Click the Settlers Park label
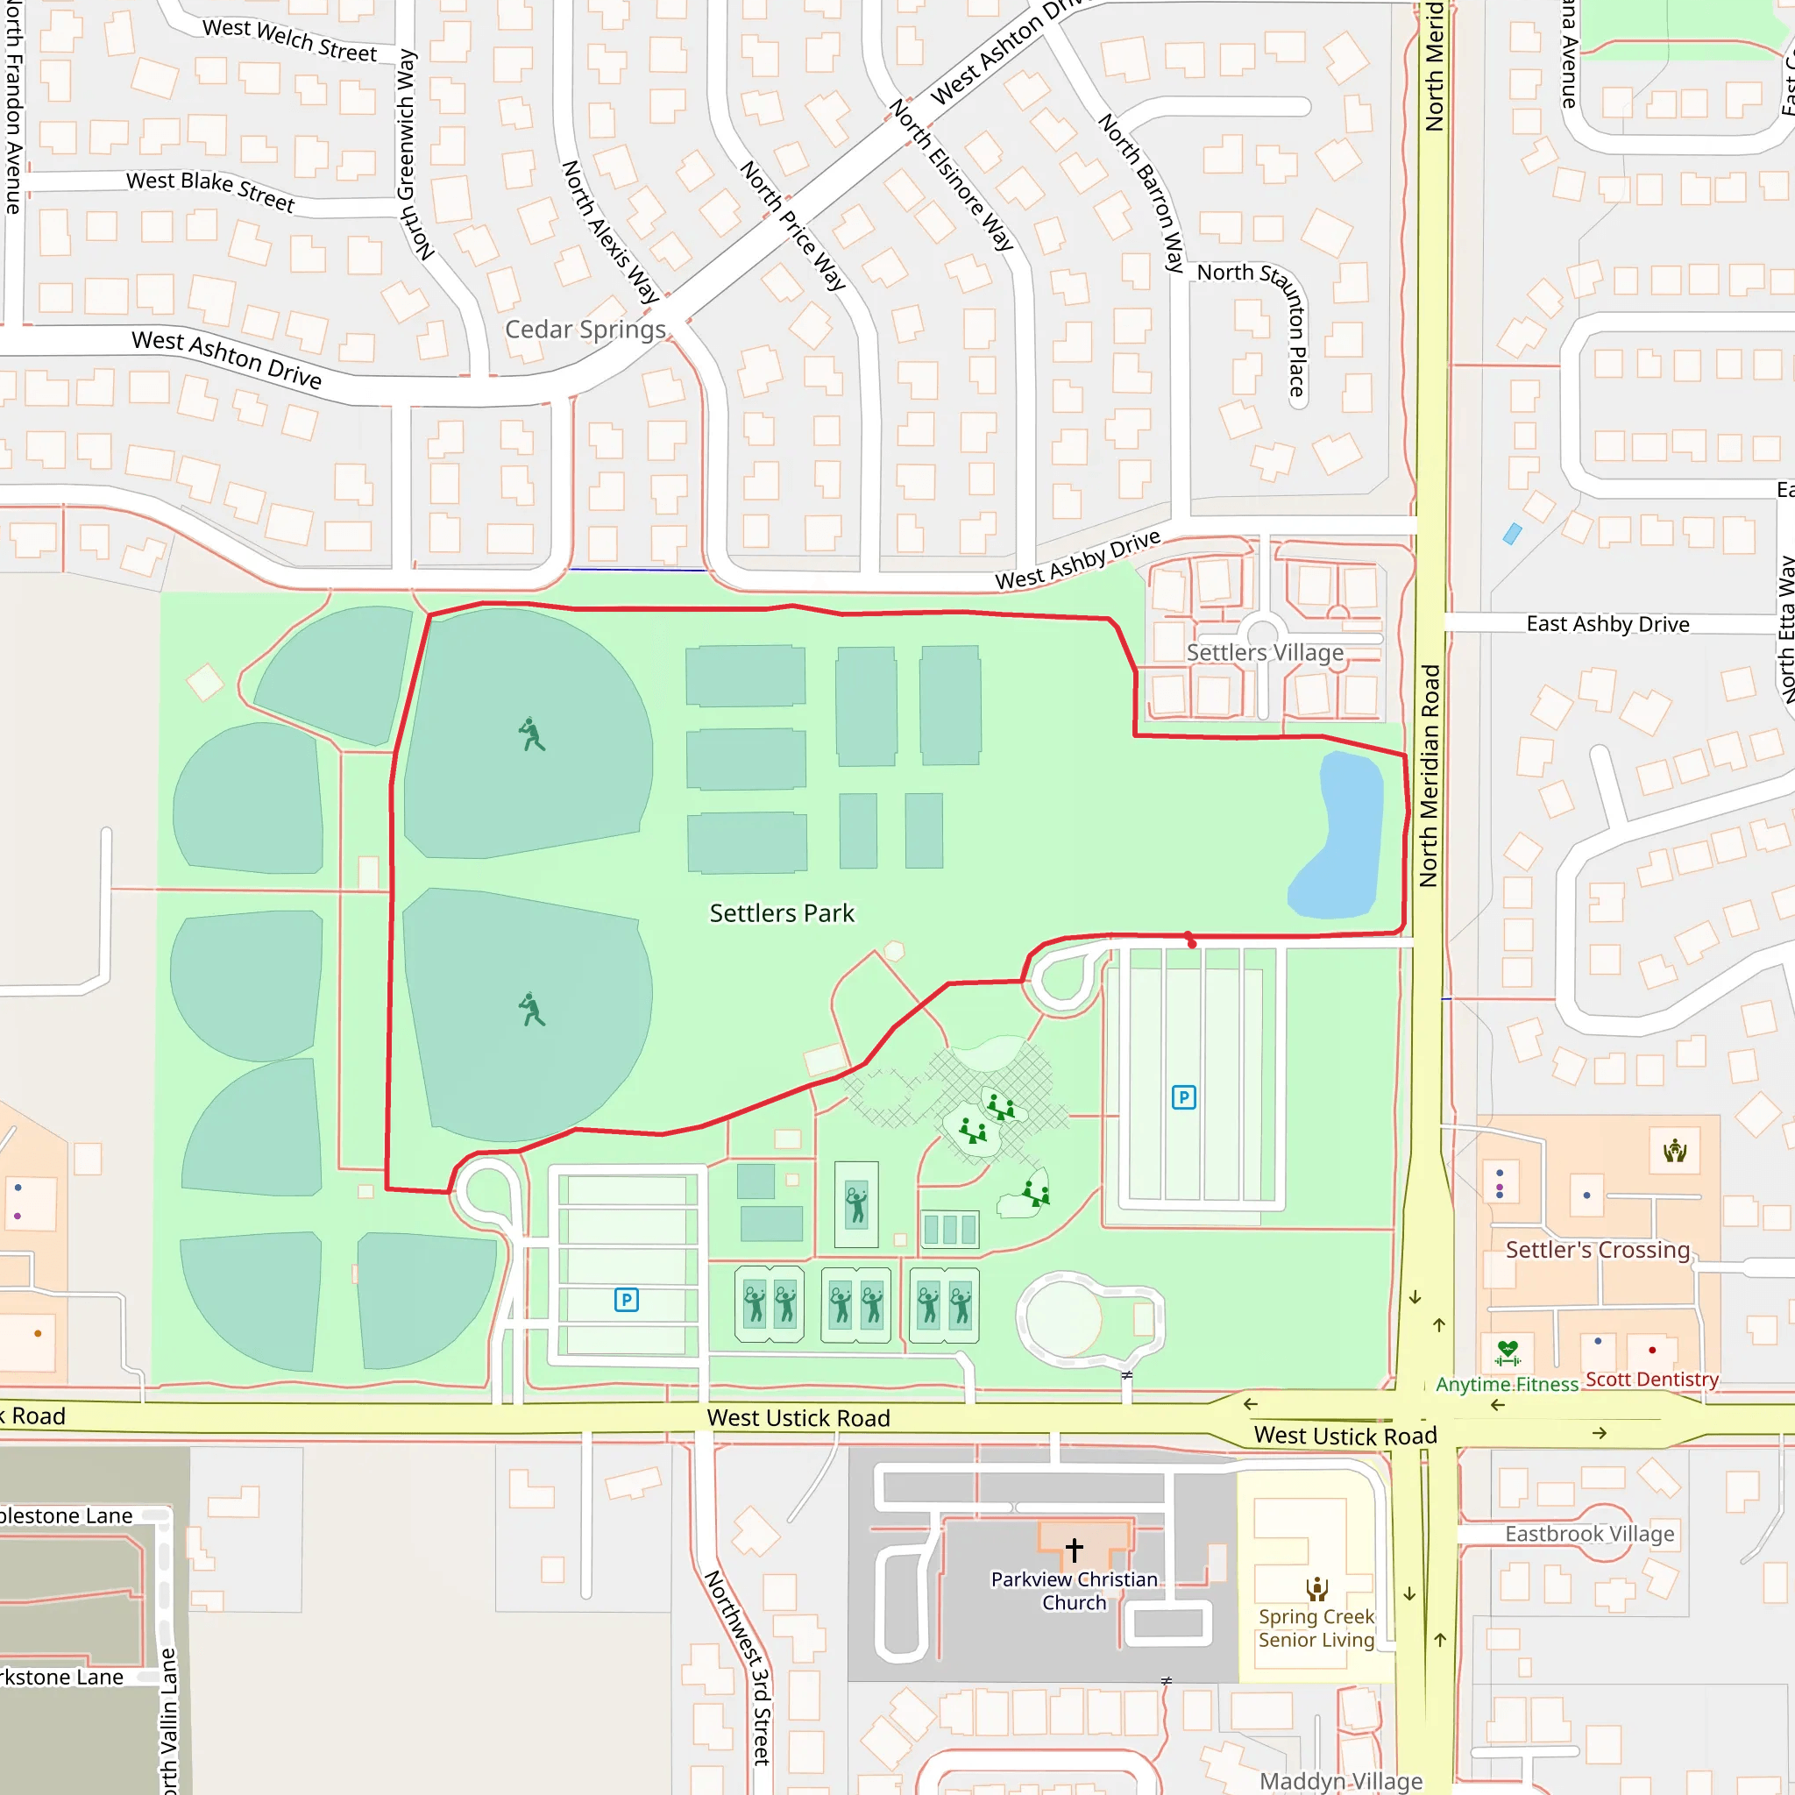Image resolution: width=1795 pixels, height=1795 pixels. click(x=781, y=913)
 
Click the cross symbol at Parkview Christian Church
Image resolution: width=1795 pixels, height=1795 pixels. click(x=1074, y=1549)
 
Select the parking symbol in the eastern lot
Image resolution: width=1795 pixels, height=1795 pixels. click(x=1182, y=1097)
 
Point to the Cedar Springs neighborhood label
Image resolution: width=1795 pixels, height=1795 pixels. click(x=585, y=330)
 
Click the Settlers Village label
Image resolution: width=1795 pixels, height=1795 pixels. click(x=1265, y=652)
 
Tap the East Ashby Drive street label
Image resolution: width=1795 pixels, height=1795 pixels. click(x=1607, y=624)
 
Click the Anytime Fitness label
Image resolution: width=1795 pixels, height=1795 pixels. click(x=1506, y=1384)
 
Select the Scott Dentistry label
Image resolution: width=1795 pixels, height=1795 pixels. click(x=1651, y=1379)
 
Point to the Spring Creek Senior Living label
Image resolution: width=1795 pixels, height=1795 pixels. click(x=1316, y=1628)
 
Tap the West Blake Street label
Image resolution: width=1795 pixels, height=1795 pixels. click(x=211, y=189)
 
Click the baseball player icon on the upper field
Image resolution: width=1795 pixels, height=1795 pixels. click(x=531, y=734)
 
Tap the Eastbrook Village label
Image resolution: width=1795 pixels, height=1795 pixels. click(x=1589, y=1534)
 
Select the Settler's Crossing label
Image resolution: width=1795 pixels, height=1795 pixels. click(x=1597, y=1250)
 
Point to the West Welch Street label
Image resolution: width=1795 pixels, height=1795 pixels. click(x=290, y=40)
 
